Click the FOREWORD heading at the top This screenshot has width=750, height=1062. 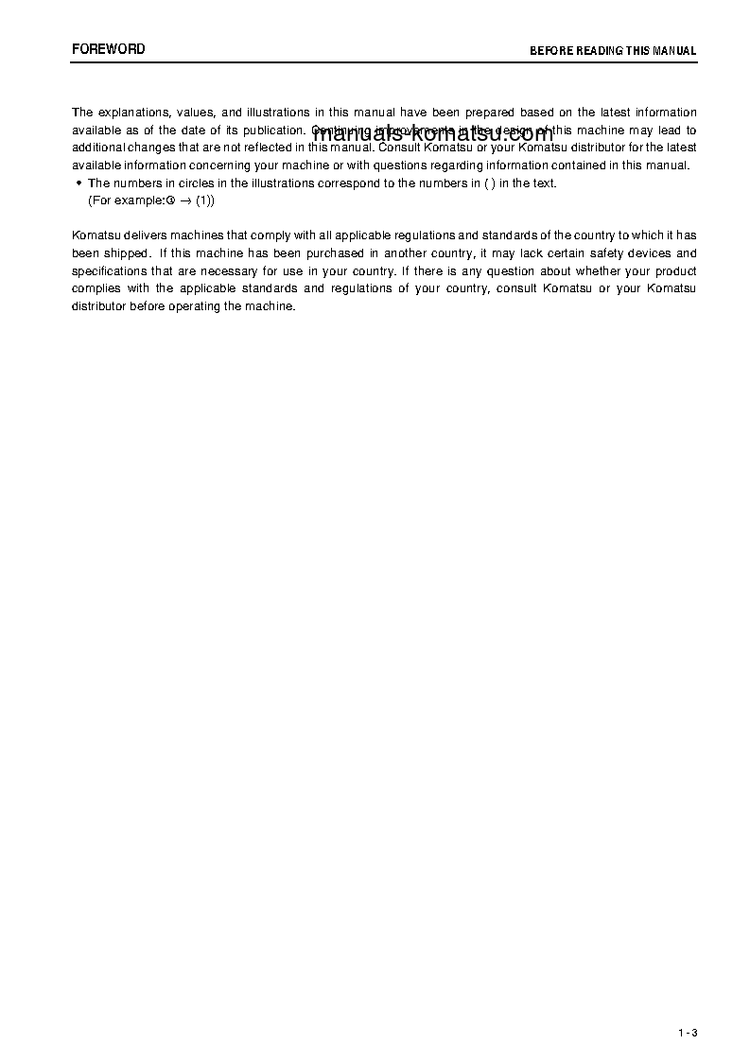(x=109, y=49)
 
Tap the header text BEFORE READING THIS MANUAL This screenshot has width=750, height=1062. (x=613, y=51)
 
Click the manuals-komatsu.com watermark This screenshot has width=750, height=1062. (x=431, y=133)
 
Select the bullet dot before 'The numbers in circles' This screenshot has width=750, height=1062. (x=78, y=183)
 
